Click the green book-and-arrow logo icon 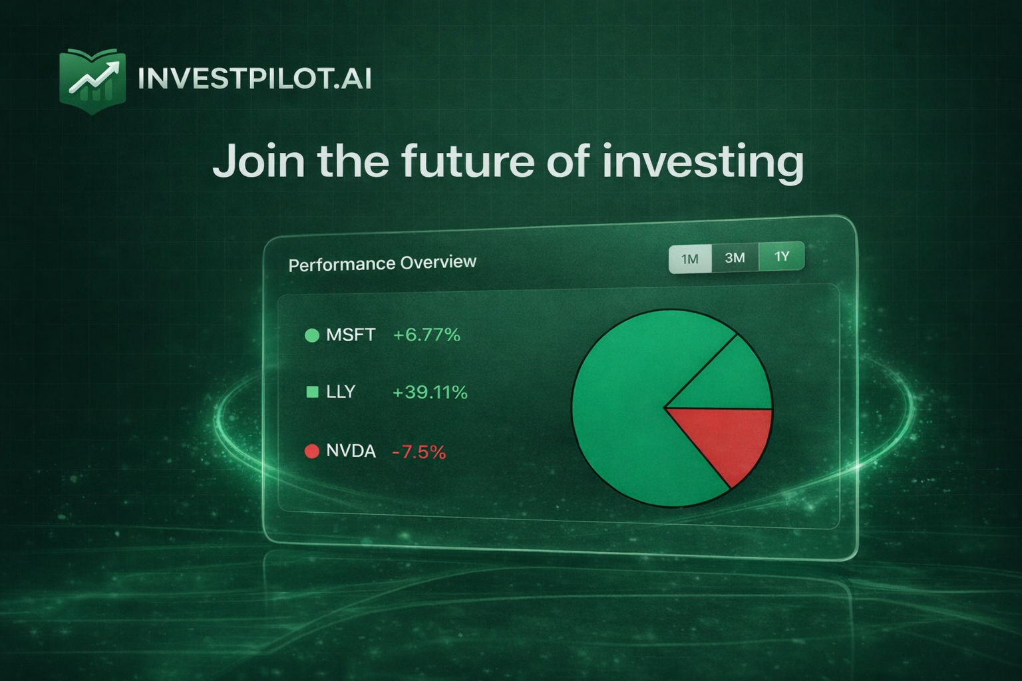click(92, 80)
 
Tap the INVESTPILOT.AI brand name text click(254, 79)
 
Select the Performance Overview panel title click(382, 263)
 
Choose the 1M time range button click(690, 259)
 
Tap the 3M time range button click(735, 257)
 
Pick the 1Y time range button click(782, 256)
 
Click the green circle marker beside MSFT click(311, 335)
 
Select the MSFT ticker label click(351, 335)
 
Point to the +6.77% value click(426, 335)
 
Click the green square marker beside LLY click(311, 392)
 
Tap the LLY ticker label click(341, 392)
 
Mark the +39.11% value click(430, 392)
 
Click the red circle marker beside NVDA click(311, 452)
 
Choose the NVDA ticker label click(351, 452)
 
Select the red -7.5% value click(419, 452)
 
